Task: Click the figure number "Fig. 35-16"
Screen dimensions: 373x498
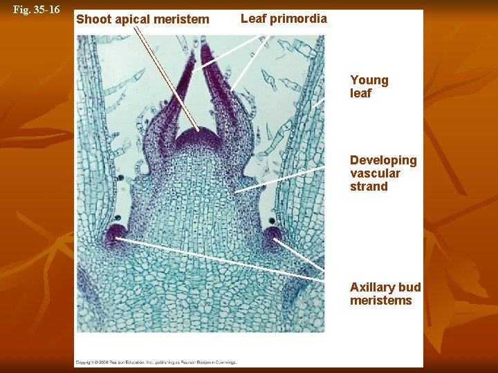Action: point(37,10)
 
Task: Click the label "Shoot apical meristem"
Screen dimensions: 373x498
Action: point(142,19)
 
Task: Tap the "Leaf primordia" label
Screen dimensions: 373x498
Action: point(284,19)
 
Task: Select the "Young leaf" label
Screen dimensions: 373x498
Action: point(369,87)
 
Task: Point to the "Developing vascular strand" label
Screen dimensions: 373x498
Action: point(383,173)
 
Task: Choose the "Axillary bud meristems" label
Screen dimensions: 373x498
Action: point(385,294)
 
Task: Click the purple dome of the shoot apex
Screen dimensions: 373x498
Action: point(197,138)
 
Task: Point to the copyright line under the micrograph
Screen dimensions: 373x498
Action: point(156,362)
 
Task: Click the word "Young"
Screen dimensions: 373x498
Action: point(369,80)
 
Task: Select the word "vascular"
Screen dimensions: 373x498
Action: point(375,173)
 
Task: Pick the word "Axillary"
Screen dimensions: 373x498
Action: point(373,287)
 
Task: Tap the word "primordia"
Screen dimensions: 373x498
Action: point(298,19)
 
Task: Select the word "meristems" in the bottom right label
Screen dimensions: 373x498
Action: point(380,300)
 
